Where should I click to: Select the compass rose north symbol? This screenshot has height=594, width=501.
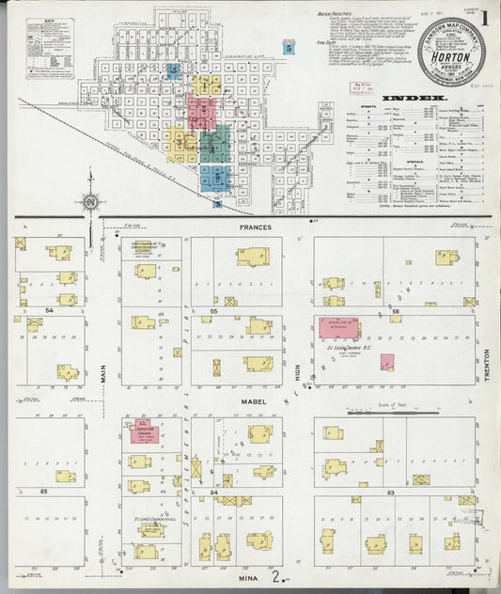click(x=90, y=199)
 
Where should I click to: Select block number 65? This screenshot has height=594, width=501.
click(x=43, y=491)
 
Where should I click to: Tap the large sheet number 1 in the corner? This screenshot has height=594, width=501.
click(x=484, y=17)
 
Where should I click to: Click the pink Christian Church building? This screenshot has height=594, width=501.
click(x=139, y=432)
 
